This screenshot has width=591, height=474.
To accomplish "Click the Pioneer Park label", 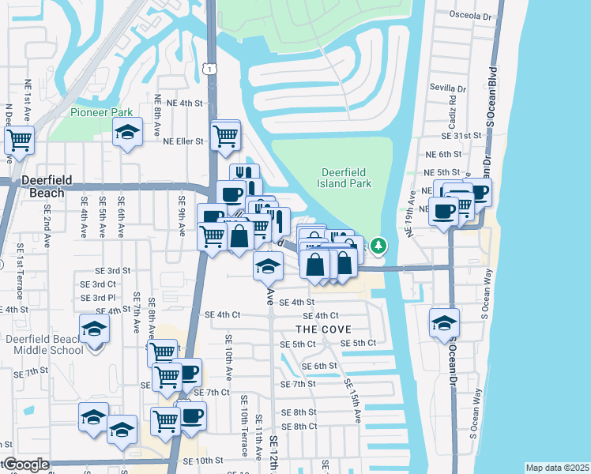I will (101, 112).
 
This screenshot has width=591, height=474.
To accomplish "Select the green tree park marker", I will (379, 246).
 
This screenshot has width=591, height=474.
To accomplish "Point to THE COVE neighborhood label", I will (322, 329).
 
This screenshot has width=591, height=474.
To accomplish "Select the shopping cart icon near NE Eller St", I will (225, 136).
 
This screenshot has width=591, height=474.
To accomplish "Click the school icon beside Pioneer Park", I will (126, 133).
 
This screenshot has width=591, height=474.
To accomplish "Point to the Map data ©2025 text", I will (557, 468).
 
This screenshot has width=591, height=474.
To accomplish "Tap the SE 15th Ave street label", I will (353, 400).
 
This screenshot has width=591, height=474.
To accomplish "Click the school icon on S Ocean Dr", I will (444, 324).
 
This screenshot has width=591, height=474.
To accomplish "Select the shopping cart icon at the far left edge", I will (19, 140).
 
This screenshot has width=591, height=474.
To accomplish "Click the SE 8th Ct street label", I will (299, 427).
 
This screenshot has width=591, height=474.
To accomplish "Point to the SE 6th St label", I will (319, 366).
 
